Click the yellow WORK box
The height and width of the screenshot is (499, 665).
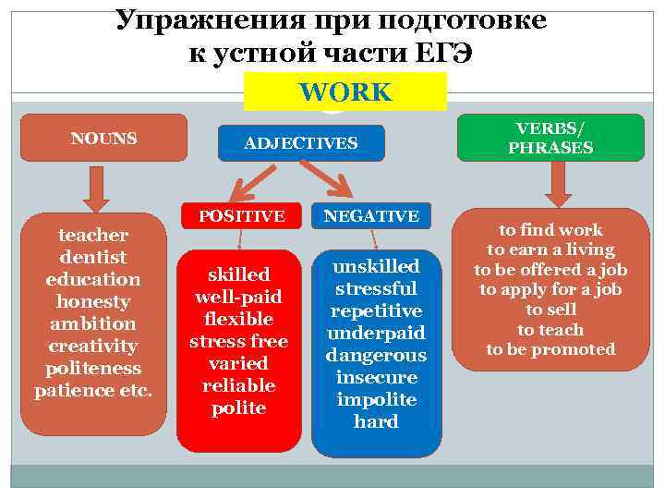click(345, 92)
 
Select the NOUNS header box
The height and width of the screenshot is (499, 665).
click(103, 139)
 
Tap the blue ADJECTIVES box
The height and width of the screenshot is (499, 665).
click(300, 143)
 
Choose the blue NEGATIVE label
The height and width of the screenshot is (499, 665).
click(372, 215)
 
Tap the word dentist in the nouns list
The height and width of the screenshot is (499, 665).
click(92, 257)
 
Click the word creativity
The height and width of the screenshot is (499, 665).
click(92, 346)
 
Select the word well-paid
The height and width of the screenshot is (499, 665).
click(238, 297)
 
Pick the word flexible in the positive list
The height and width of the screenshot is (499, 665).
click(238, 319)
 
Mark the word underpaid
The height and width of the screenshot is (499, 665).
click(376, 333)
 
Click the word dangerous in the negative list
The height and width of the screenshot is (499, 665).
click(376, 355)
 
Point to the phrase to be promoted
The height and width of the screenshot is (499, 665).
click(550, 349)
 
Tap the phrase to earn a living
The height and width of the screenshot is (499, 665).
click(550, 249)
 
